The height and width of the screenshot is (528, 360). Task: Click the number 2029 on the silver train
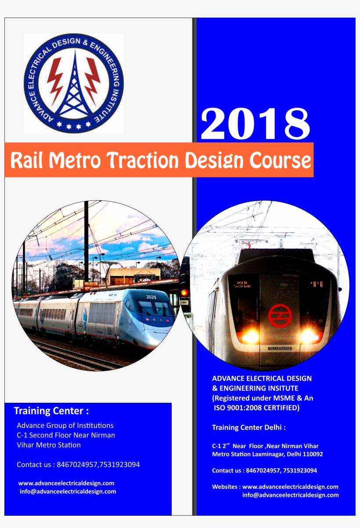coord(151,297)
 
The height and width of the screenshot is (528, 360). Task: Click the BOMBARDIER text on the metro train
coord(280,349)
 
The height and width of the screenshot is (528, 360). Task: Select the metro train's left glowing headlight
coord(251,337)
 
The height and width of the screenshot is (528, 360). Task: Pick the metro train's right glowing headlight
coord(309,336)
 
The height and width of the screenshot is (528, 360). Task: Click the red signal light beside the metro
coord(184,293)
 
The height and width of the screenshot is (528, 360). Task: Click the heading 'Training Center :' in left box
coord(51,411)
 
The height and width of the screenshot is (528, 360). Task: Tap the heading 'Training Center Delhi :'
coord(249,427)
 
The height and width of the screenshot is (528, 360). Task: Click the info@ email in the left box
coord(68,492)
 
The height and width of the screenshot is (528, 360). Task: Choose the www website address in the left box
coord(66,483)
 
